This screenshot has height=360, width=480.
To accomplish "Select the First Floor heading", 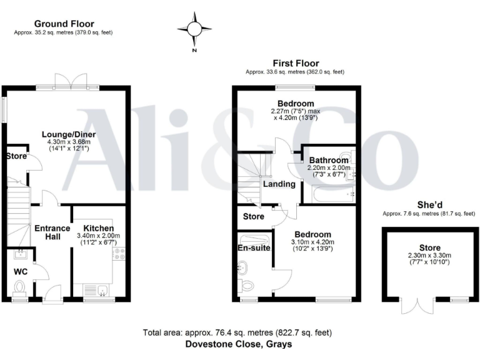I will point(296,63).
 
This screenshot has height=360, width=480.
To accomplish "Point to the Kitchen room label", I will point(98,228).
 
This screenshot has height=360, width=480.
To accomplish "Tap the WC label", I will point(21,272).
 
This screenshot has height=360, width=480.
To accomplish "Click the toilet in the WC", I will point(20,288).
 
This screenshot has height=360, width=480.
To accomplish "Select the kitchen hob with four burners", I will point(119,253).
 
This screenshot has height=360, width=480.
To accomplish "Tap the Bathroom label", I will point(327,161).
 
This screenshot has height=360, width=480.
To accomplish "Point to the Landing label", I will point(278,184).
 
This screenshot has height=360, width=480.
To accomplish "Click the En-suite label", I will point(254,247).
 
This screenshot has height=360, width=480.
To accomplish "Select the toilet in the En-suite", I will point(247,286).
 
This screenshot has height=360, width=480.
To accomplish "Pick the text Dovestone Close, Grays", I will point(238,344).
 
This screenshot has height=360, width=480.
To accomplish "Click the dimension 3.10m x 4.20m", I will point(312,242).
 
